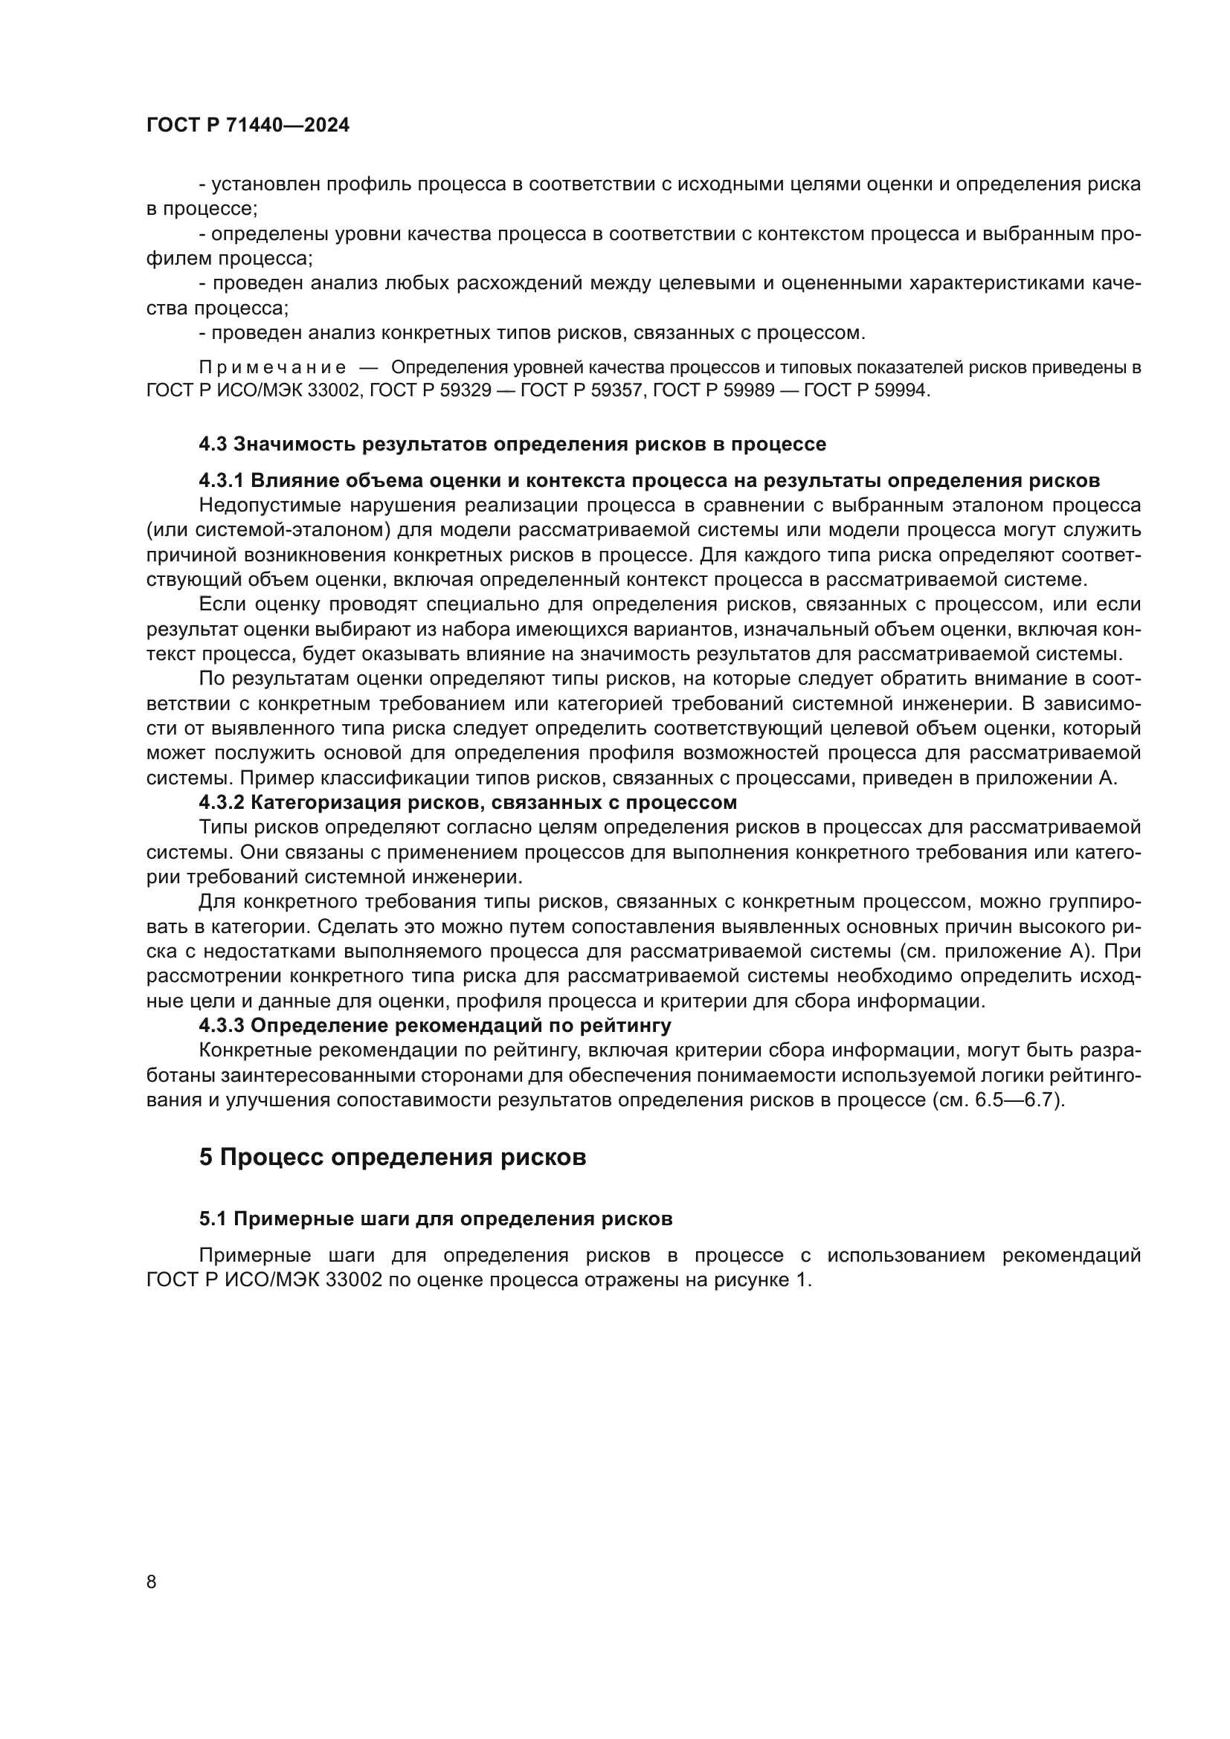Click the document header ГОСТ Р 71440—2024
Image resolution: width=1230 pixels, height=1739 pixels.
click(x=248, y=126)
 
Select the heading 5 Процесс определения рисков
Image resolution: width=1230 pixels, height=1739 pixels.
click(x=393, y=1178)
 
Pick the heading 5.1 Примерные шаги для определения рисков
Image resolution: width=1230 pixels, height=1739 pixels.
click(x=436, y=1241)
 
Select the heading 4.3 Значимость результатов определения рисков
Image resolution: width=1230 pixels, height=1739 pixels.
click(x=512, y=445)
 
